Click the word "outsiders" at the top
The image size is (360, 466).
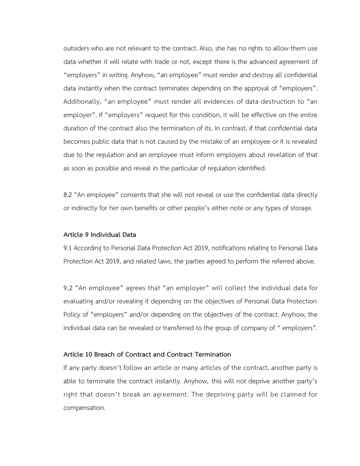pyautogui.click(x=77, y=49)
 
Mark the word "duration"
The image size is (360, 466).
pyautogui.click(x=76, y=129)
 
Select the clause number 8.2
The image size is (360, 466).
pyautogui.click(x=68, y=195)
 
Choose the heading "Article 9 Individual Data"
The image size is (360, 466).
pyautogui.click(x=99, y=234)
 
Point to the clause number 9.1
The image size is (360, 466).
pyautogui.click(x=68, y=248)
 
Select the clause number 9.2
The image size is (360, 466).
pyautogui.click(x=68, y=288)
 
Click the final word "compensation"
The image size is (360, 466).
pyautogui.click(x=84, y=407)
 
